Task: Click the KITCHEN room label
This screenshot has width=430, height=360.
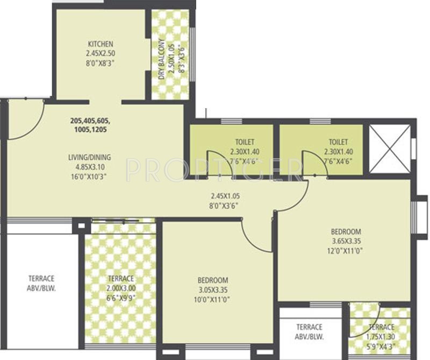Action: [x=101, y=44]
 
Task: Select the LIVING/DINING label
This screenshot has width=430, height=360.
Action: [x=89, y=157]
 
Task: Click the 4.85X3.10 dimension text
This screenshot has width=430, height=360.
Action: [x=89, y=166]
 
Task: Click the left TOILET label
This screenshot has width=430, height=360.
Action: [x=244, y=142]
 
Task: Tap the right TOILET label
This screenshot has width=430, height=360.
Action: [x=338, y=142]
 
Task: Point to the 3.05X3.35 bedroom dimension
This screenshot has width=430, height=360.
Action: [x=213, y=290]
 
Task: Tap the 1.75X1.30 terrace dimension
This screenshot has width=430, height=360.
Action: [x=381, y=336]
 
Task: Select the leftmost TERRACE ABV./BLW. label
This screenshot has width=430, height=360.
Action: [x=41, y=283]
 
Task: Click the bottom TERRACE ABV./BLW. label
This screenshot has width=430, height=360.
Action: [x=310, y=331]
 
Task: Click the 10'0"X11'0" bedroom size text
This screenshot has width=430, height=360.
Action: [x=213, y=299]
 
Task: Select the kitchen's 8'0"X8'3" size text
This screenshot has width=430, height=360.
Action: [x=101, y=62]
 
